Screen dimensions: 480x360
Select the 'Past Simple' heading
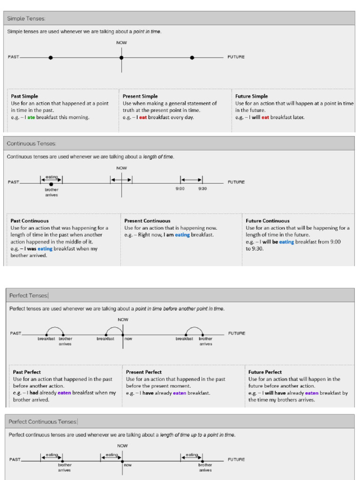tap(24, 96)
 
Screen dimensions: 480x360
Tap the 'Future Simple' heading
tap(251, 96)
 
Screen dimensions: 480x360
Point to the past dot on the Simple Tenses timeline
tap(51, 58)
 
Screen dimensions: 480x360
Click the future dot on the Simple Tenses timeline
tap(192, 58)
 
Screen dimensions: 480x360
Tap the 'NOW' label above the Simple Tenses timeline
tap(121, 43)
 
